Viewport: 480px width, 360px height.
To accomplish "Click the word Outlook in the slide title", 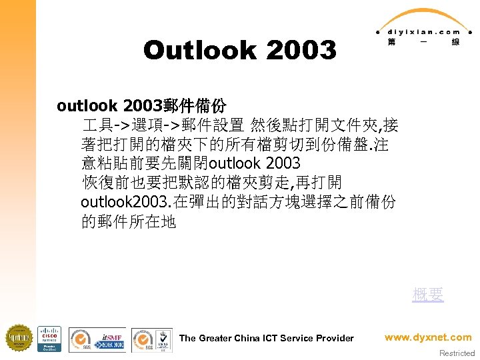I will pyautogui.click(x=200, y=50).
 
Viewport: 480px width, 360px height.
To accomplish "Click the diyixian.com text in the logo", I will pyautogui.click(x=420, y=31).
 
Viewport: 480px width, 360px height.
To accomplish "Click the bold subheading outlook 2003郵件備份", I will pyautogui.click(x=141, y=105).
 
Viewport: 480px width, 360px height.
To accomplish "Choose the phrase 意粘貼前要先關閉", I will pyautogui.click(x=145, y=163).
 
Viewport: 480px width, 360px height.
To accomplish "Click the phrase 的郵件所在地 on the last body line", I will pyautogui.click(x=129, y=221).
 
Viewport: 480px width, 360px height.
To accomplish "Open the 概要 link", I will pyautogui.click(x=427, y=295).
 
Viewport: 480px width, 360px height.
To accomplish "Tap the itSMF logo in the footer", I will pyautogui.click(x=111, y=338).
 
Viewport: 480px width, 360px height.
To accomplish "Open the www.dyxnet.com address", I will pyautogui.click(x=428, y=337).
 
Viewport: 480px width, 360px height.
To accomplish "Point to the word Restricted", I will pyautogui.click(x=457, y=353).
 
